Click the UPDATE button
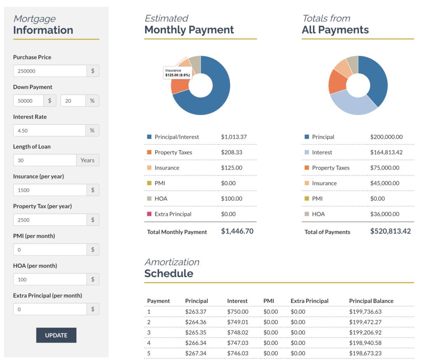pos(56,335)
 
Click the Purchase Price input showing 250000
pos(50,71)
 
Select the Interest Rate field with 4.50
pos(49,130)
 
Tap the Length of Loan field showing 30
pos(45,160)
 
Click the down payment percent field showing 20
pos(73,101)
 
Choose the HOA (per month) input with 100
pos(50,280)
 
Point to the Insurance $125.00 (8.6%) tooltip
pos(178,73)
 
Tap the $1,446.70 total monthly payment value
pos(237,231)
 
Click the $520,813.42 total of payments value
pos(390,231)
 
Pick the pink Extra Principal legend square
pos(149,214)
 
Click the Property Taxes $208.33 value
pos(231,153)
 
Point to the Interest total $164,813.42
pos(386,153)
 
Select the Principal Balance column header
pos(371,301)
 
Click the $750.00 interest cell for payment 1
pos(237,312)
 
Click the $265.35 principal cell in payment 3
pos(195,332)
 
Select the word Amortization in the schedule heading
pos(171,262)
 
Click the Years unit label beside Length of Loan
pos(87,160)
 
